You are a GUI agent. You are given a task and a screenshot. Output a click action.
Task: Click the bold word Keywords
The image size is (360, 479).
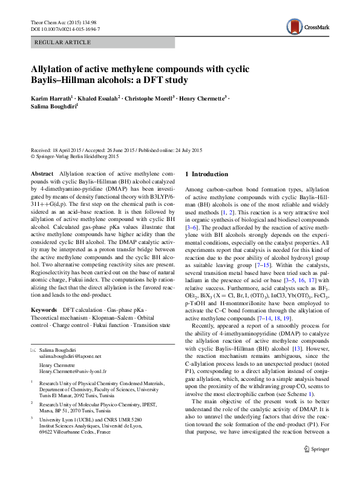[44, 309]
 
